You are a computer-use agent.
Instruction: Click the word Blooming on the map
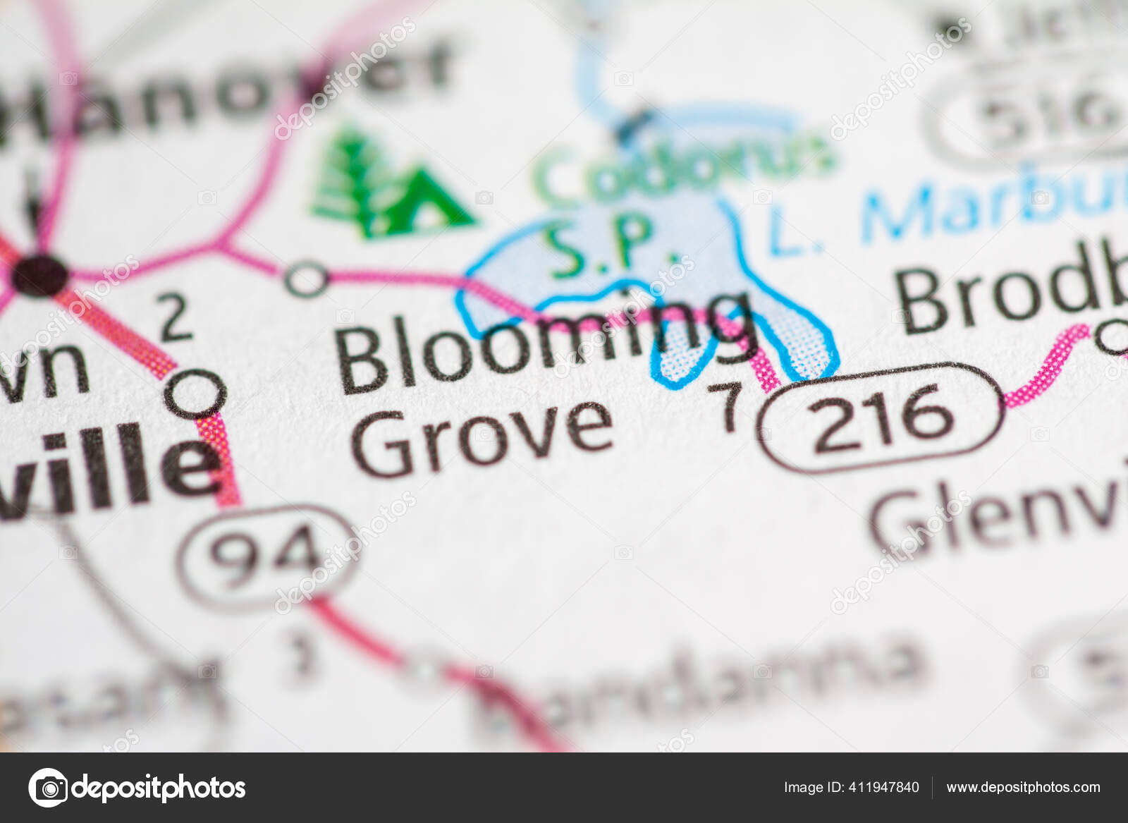(x=543, y=346)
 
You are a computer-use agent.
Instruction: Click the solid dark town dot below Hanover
(x=41, y=274)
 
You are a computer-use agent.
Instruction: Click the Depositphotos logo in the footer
(x=137, y=788)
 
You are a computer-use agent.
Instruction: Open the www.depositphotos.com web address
(x=1023, y=788)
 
